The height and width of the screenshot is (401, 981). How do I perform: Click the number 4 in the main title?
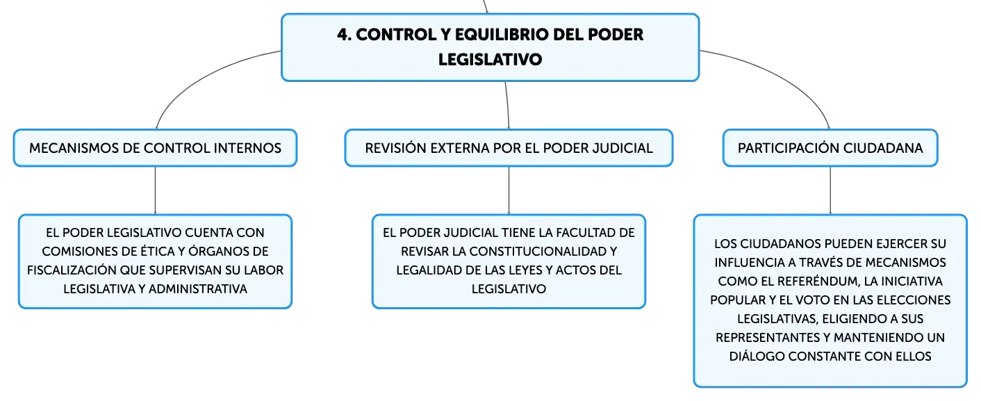coord(343,35)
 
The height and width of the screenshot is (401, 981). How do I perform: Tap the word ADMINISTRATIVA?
coord(198,289)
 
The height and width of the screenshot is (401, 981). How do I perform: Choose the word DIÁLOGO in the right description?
coord(757,356)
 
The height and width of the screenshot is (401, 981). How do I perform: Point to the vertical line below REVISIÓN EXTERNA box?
coord(509,190)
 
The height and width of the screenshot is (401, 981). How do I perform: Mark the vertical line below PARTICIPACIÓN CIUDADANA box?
coord(830,190)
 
